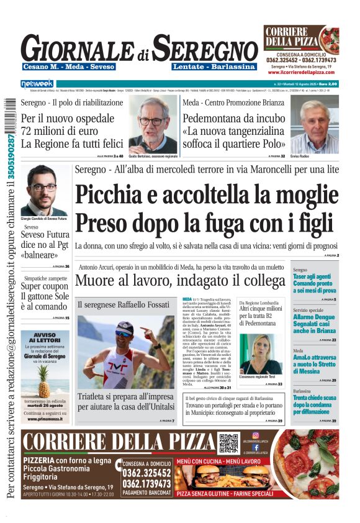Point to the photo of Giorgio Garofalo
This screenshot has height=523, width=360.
coord(43,190)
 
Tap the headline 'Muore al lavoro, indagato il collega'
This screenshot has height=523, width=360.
coord(180,281)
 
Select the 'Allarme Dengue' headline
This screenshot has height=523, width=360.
coord(315,322)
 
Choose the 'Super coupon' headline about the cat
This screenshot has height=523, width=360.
coord(45,295)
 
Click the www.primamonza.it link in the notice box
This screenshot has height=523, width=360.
coord(45,420)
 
